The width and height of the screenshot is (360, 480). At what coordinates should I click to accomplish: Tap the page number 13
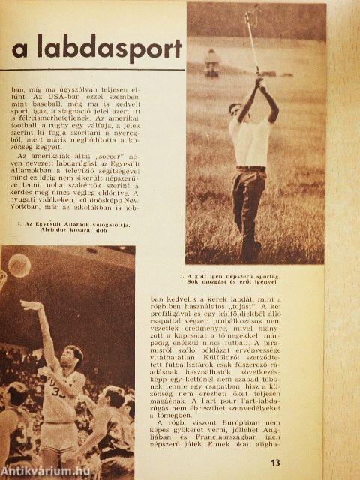click(276, 462)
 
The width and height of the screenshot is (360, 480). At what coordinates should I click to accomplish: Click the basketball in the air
click(19, 265)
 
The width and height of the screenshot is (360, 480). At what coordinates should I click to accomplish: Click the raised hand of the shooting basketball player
click(28, 305)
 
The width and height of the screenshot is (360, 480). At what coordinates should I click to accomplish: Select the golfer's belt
click(250, 168)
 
